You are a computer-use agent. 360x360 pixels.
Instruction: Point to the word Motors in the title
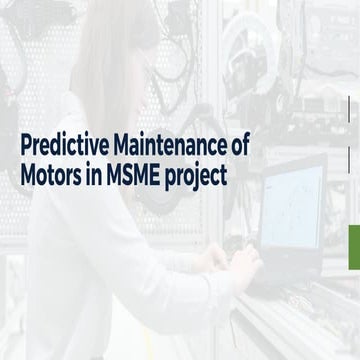(53, 174)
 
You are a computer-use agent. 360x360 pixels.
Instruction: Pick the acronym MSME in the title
(140, 174)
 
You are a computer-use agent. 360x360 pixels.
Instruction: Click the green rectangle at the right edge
(353, 247)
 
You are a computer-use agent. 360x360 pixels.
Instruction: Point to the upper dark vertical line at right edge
(349, 109)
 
